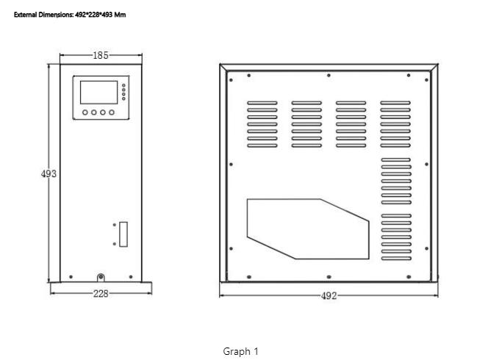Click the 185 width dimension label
pyautogui.click(x=101, y=55)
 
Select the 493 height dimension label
pyautogui.click(x=49, y=173)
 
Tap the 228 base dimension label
pyautogui.click(x=101, y=294)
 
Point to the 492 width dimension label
pyautogui.click(x=329, y=296)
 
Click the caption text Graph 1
pyautogui.click(x=240, y=351)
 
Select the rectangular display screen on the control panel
pyautogui.click(x=99, y=93)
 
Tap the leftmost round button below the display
pyautogui.click(x=85, y=112)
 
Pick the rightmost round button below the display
pyautogui.click(x=112, y=112)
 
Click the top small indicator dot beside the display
pyautogui.click(x=123, y=85)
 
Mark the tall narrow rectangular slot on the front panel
pyautogui.click(x=123, y=234)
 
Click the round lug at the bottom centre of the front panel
pyautogui.click(x=101, y=278)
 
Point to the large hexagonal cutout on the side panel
pyautogui.click(x=308, y=229)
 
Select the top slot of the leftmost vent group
pyautogui.click(x=262, y=103)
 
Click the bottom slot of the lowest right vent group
pyautogui.click(x=396, y=259)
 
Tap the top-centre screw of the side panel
pyautogui.click(x=329, y=75)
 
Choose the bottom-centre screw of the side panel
pyautogui.click(x=329, y=277)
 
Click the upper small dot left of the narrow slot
pyautogui.click(x=115, y=225)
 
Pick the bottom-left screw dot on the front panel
pyautogui.click(x=71, y=277)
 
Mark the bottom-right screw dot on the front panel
pyautogui.click(x=131, y=277)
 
